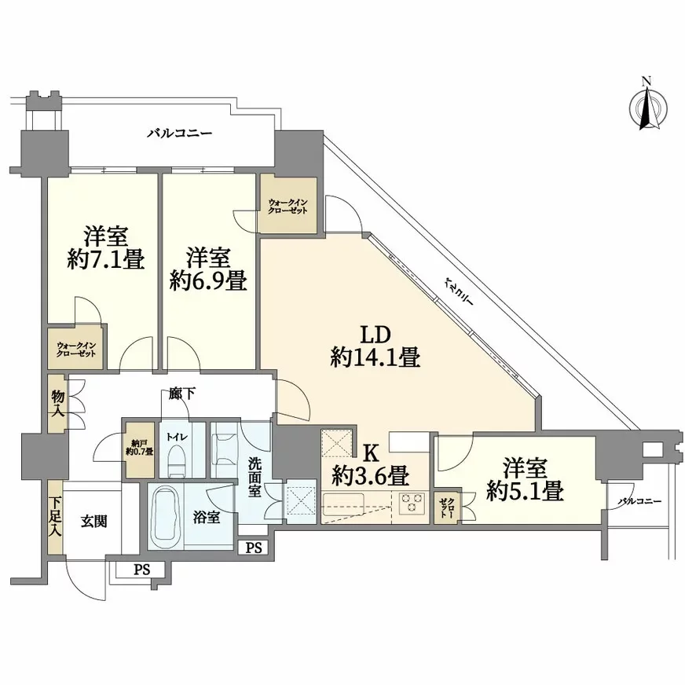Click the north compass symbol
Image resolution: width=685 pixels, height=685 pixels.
click(x=647, y=105)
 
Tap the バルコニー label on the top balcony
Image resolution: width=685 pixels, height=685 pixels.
click(x=180, y=134)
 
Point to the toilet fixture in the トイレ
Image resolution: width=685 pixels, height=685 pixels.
click(x=177, y=460)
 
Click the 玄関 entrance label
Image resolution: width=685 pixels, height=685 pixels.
click(x=93, y=521)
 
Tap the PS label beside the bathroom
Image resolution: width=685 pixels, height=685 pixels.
click(x=253, y=547)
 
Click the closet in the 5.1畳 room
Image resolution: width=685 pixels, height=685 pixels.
click(x=447, y=507)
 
